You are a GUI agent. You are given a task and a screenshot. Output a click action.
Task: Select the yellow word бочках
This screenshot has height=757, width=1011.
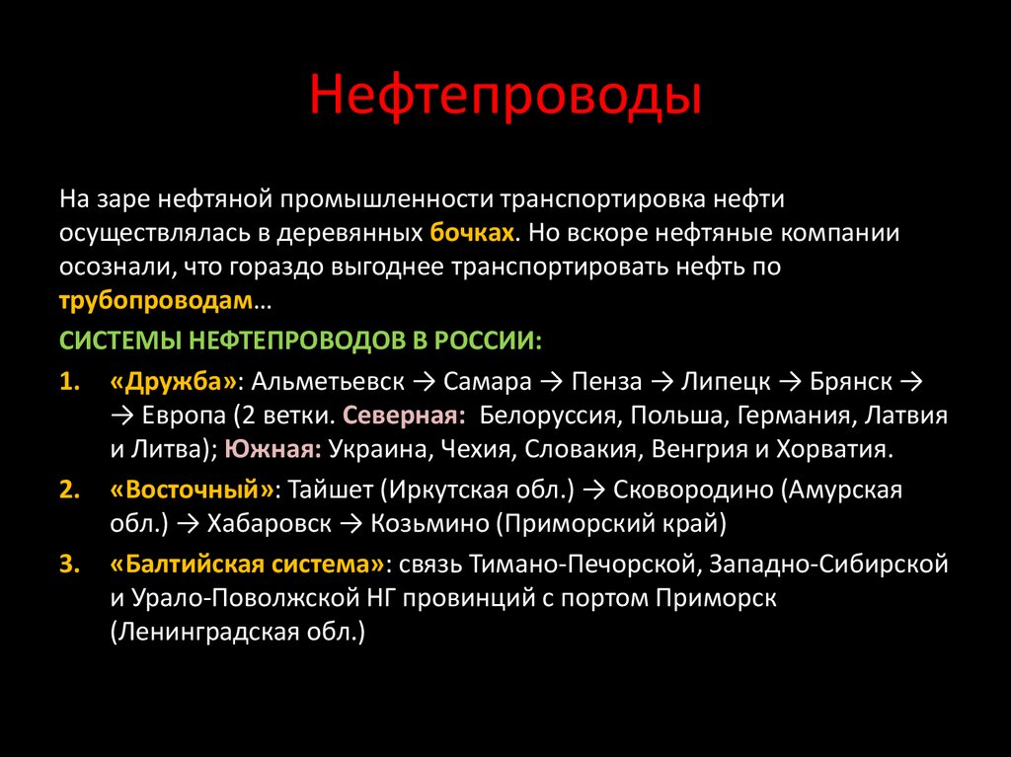point(473,234)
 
